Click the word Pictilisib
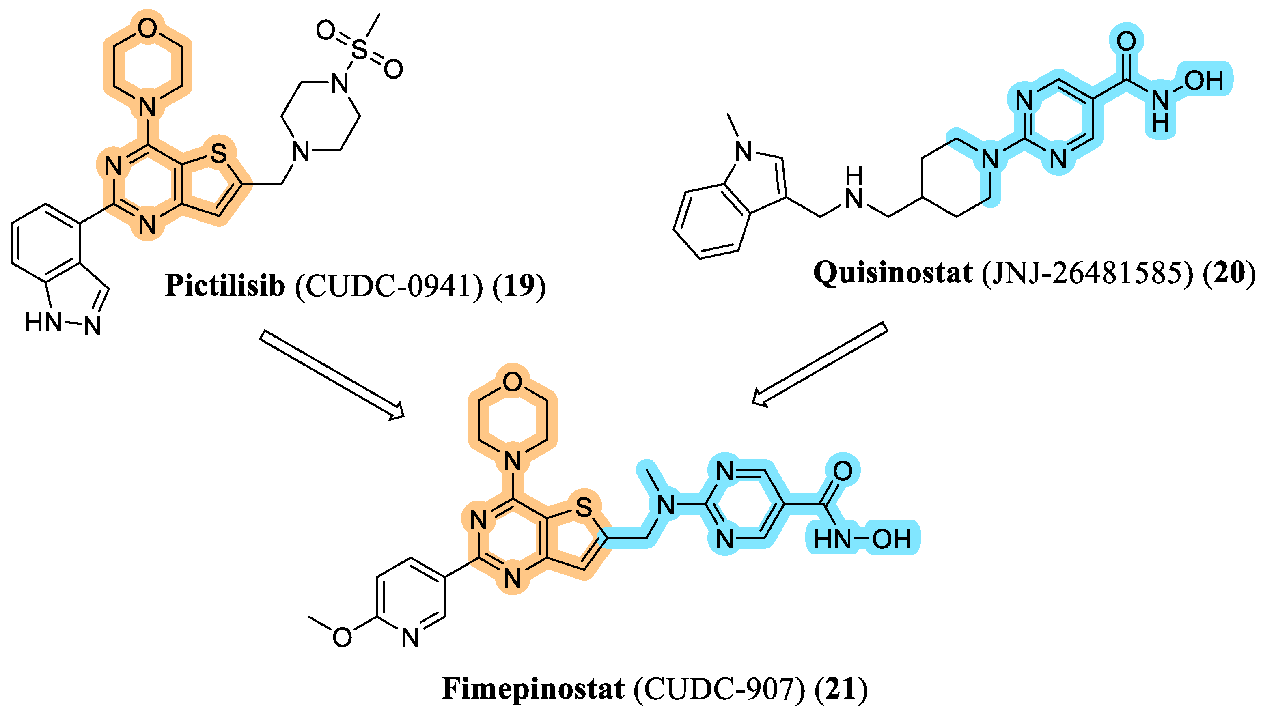pos(225,286)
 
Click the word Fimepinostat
pos(533,688)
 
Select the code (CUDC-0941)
pos(389,286)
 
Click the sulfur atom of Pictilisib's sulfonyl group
pos(360,50)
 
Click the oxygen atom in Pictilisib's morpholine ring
pos(147,28)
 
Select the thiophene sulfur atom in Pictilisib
pos(218,154)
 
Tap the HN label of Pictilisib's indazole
pos(43,323)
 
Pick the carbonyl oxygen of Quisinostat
pos(1126,41)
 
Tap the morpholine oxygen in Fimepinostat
pos(513,381)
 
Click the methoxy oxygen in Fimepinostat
pos(343,637)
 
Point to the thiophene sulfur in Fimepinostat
pos(584,507)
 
